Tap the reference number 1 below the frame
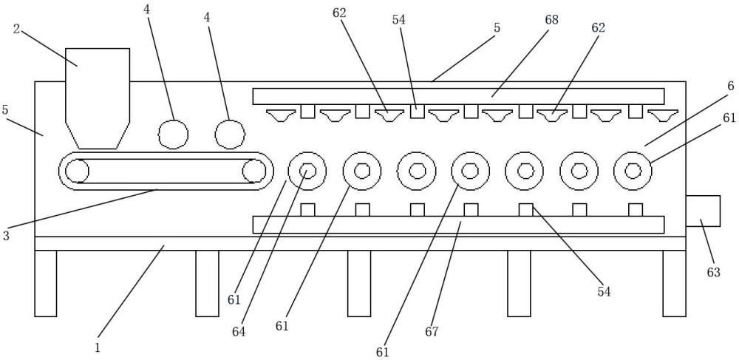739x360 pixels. point(98,348)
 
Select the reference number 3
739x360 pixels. point(6,236)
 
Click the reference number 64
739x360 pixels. point(239,332)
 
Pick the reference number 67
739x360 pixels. point(432,332)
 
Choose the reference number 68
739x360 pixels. point(551,20)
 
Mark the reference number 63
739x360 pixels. point(713,272)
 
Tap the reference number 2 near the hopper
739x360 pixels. point(16,30)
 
